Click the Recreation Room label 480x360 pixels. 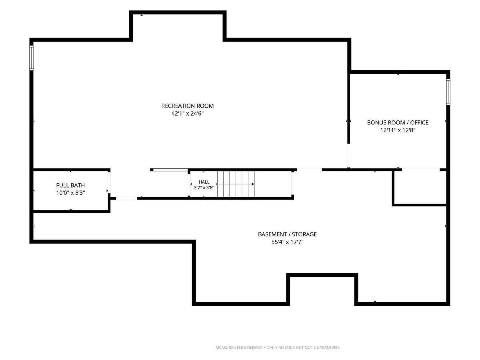click(x=188, y=106)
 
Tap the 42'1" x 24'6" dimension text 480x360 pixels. click(x=188, y=114)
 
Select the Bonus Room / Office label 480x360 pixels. click(x=398, y=123)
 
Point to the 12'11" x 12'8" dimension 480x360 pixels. click(x=398, y=130)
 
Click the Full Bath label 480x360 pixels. click(x=70, y=185)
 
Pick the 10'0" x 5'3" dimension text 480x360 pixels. click(x=70, y=193)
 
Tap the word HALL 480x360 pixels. click(x=204, y=182)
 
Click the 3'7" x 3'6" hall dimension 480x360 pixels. click(x=204, y=188)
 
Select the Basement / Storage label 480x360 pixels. click(x=287, y=234)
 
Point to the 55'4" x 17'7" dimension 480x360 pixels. click(x=287, y=242)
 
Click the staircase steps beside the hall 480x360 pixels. click(x=236, y=184)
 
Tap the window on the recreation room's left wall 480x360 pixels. click(x=32, y=58)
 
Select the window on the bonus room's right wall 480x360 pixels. click(x=448, y=92)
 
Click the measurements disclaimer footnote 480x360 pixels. click(x=278, y=348)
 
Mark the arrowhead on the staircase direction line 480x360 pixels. click(x=253, y=184)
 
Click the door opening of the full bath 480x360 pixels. click(x=109, y=182)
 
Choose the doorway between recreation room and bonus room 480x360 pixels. click(x=348, y=156)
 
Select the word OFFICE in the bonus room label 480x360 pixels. click(x=419, y=123)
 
